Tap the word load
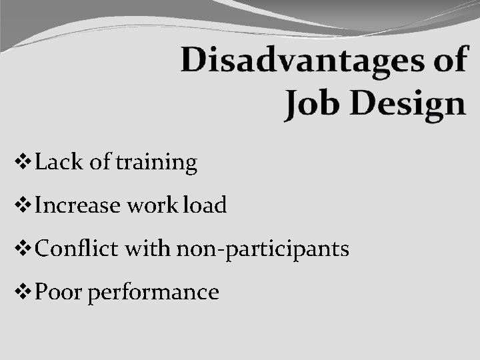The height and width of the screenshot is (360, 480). (x=205, y=205)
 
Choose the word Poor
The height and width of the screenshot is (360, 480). (x=59, y=292)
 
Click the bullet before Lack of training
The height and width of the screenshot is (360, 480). (x=23, y=162)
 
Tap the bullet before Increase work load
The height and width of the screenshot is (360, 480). (x=23, y=205)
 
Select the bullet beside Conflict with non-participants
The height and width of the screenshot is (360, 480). (x=23, y=249)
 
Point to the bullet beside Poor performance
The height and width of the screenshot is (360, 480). (x=23, y=292)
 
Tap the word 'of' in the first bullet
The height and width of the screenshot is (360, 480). (x=100, y=162)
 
